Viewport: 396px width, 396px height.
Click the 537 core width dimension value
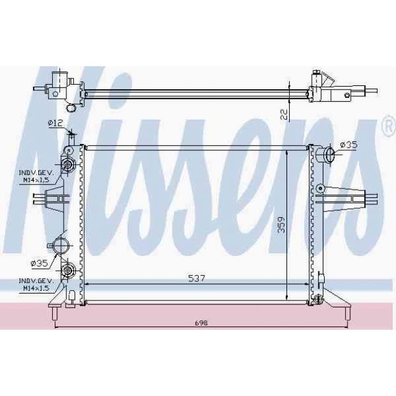pos(197,278)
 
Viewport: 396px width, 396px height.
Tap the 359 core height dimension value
pos(281,224)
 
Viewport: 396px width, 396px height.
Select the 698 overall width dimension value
pos(202,323)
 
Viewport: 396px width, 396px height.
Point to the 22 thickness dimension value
pos(284,115)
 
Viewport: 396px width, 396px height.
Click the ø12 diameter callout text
pos(55,123)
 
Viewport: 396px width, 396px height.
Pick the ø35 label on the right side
pos(349,145)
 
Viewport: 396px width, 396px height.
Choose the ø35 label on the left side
pos(39,264)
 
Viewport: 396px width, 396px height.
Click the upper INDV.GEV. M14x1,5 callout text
pos(36,176)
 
